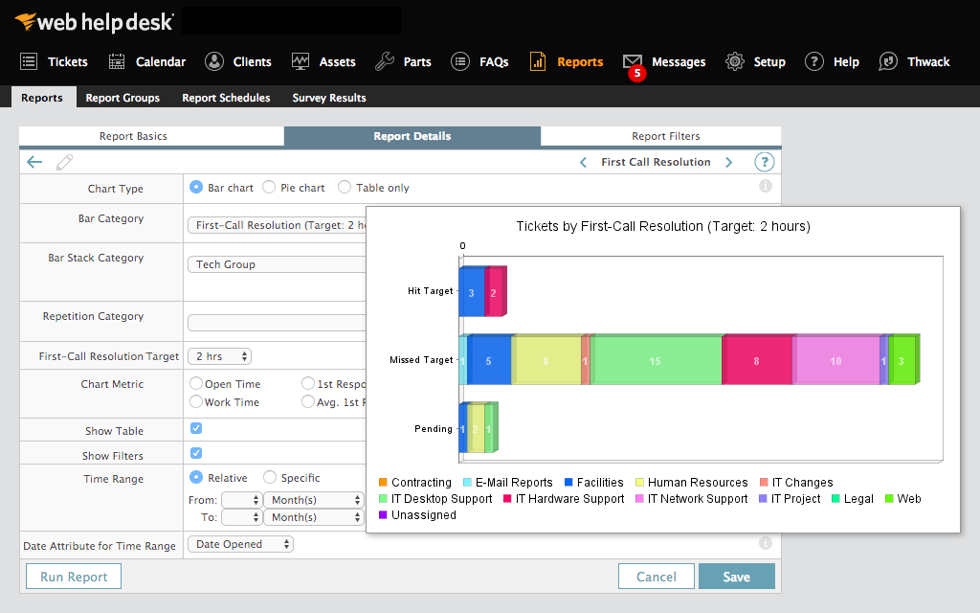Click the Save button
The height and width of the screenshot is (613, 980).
(736, 577)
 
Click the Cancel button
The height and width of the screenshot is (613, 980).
(656, 577)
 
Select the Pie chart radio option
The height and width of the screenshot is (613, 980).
(270, 188)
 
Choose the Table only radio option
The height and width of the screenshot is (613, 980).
(345, 188)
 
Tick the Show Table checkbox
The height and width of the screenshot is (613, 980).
(196, 429)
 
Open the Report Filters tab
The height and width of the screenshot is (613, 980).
(665, 136)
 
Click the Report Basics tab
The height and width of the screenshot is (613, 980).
(133, 136)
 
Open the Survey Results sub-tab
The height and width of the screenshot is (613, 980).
(328, 98)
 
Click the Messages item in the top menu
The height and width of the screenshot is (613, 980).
(664, 61)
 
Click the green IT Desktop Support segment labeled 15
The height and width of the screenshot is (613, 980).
(656, 361)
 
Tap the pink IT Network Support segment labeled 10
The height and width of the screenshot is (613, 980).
(835, 361)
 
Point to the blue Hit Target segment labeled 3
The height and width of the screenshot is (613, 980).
(471, 292)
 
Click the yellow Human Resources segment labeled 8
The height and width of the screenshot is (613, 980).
(546, 361)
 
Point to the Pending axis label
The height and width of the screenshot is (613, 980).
(433, 429)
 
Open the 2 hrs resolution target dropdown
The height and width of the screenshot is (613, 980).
(219, 356)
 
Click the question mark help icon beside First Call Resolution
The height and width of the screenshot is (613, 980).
(764, 162)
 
